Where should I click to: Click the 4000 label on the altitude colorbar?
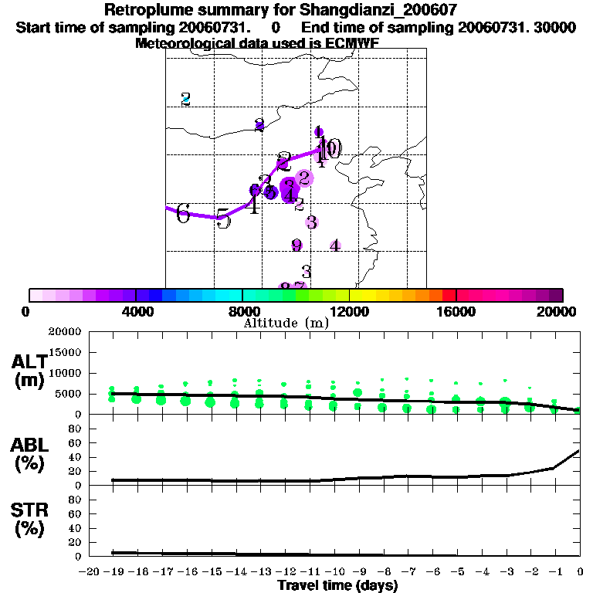(x=136, y=311)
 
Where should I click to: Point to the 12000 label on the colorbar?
(x=350, y=311)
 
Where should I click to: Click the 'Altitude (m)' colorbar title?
(x=286, y=323)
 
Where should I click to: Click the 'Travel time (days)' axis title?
(x=337, y=586)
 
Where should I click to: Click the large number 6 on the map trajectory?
(x=183, y=213)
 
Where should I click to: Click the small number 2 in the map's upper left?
(x=185, y=99)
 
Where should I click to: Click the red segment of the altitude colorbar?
(x=449, y=295)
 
